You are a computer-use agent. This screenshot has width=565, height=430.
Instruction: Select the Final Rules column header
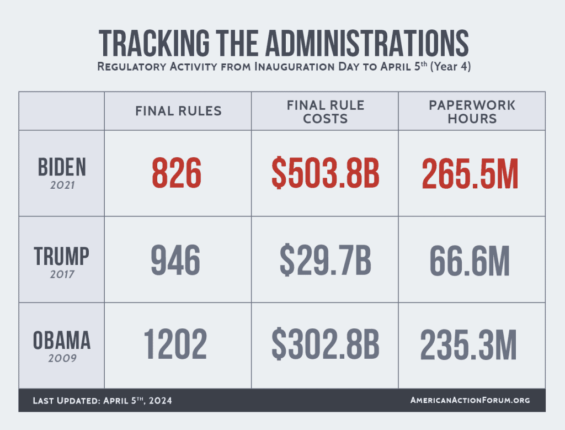click(178, 111)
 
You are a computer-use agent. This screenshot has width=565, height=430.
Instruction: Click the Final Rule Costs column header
click(325, 111)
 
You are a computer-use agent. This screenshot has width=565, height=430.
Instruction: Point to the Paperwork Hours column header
click(472, 111)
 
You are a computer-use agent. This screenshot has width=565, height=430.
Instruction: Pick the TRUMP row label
click(62, 256)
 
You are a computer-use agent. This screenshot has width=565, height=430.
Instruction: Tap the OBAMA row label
click(62, 340)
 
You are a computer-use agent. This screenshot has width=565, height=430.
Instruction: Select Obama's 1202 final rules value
click(175, 345)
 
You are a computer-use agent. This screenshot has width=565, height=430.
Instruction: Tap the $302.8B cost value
click(325, 345)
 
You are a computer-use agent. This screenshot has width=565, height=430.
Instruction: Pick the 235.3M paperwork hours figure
click(469, 345)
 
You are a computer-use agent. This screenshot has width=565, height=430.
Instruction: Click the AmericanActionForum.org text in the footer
click(470, 400)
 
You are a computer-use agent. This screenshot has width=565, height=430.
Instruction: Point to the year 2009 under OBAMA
click(62, 358)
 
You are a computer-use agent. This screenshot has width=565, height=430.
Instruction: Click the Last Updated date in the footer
click(103, 400)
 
